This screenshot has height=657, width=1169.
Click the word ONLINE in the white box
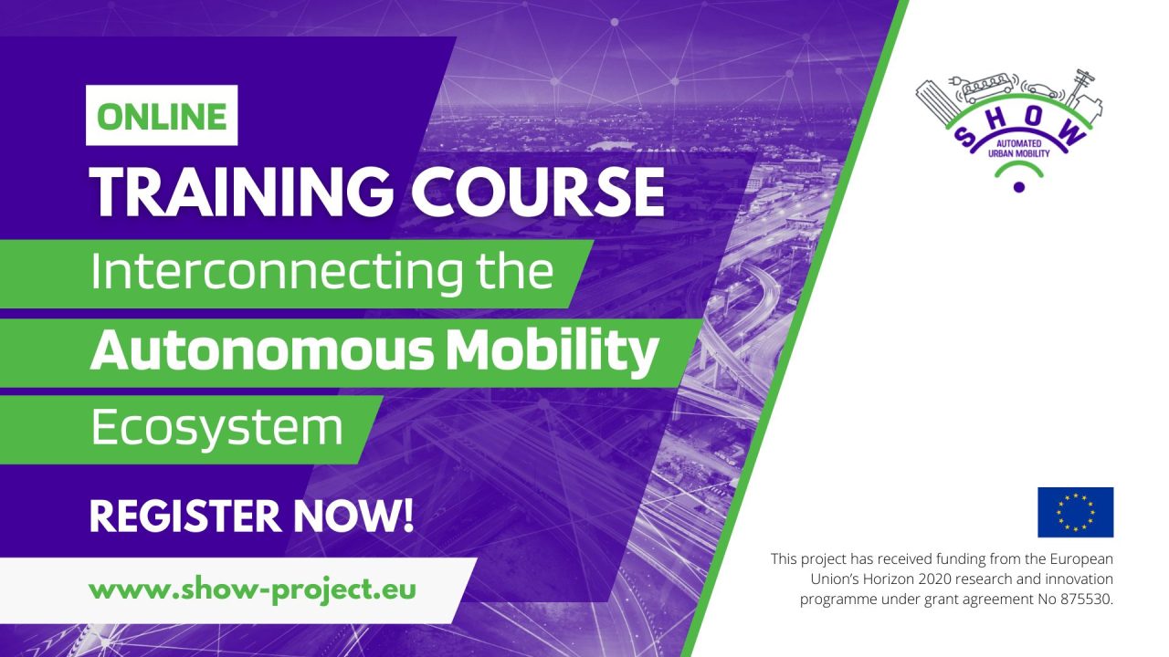point(162,116)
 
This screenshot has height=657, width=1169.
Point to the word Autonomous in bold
point(264,351)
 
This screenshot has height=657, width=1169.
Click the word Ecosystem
point(216,427)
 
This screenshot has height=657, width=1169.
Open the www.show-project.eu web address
point(251,589)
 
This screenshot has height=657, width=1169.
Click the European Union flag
point(1075,512)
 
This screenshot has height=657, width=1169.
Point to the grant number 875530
point(1085,600)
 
